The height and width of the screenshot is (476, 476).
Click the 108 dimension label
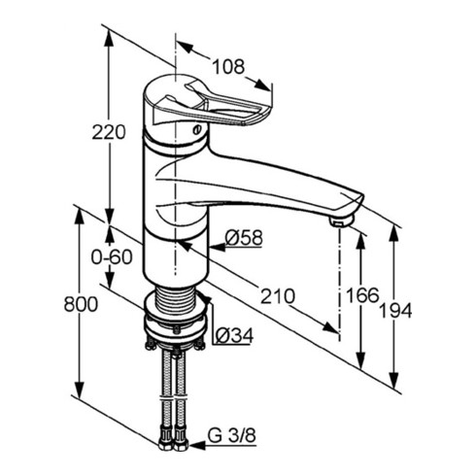click(x=228, y=67)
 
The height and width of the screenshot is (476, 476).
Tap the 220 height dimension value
click(x=109, y=132)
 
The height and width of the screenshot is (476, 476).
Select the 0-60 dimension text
click(x=112, y=257)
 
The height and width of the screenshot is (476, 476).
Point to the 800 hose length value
click(x=81, y=304)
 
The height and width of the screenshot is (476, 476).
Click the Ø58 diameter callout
click(x=244, y=238)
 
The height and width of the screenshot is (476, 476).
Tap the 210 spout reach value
click(x=278, y=296)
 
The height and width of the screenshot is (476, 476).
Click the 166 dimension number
click(x=362, y=295)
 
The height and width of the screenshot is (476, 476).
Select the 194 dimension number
click(x=395, y=311)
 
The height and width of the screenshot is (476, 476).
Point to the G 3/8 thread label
click(x=232, y=435)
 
